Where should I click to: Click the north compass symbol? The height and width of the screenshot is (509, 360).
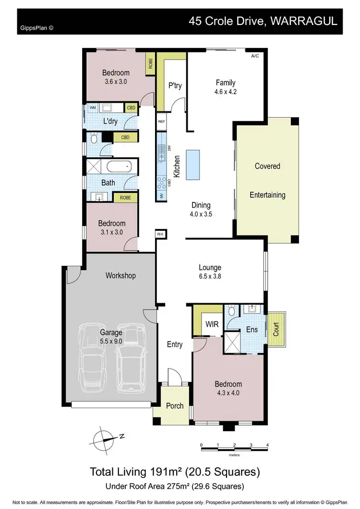pos(105,438)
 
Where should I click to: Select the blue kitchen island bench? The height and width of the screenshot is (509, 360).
pos(192,164)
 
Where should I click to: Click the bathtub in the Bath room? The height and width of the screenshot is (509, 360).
pos(118,167)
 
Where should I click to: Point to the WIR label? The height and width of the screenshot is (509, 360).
pos(212,324)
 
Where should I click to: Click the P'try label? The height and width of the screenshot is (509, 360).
pos(174,86)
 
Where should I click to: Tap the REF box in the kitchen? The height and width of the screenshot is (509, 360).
pos(161,122)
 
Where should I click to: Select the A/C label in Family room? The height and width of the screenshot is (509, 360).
pos(255,56)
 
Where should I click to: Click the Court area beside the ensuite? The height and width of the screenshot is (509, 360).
pos(276,330)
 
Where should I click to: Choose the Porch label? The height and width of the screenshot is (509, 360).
pos(175,405)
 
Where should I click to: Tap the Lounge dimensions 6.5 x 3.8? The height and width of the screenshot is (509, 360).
pos(210,276)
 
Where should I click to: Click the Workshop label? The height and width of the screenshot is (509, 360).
pos(120,275)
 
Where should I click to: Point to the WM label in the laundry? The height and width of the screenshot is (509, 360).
pos(92,108)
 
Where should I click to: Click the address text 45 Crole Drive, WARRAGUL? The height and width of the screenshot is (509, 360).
pos(263,21)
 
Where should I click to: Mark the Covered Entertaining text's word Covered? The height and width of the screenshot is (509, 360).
pos(267,166)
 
